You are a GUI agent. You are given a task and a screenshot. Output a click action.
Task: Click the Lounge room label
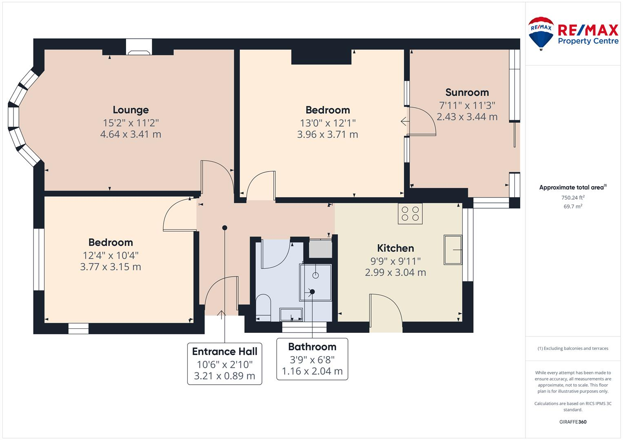coord(131,110)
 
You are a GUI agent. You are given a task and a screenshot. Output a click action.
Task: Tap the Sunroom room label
coord(467,92)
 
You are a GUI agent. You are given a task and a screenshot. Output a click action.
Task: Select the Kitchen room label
coord(395,248)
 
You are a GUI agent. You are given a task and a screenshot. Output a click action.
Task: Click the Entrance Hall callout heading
coord(224,351)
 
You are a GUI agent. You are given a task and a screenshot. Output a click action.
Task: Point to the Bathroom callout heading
coord(312,347)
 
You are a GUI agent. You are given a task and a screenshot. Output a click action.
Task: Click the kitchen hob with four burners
coord(410,213)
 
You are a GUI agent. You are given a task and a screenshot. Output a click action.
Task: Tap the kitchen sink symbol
coord(453,249)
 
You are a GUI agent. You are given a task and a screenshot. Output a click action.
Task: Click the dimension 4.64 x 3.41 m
coord(131,134)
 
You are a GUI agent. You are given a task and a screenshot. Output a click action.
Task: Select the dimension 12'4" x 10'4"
coord(111,255)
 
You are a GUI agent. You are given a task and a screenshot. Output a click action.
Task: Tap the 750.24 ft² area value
coord(573,198)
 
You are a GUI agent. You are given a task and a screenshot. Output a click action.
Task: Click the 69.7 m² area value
coord(573,207)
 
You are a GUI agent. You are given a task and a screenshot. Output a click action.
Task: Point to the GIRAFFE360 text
coord(573,422)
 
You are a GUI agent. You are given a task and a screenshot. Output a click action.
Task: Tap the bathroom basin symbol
coord(291,315)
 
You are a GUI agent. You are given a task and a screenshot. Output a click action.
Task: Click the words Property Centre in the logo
coord(588,41)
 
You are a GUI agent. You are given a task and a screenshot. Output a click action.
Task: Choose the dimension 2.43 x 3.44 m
coord(467,117)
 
